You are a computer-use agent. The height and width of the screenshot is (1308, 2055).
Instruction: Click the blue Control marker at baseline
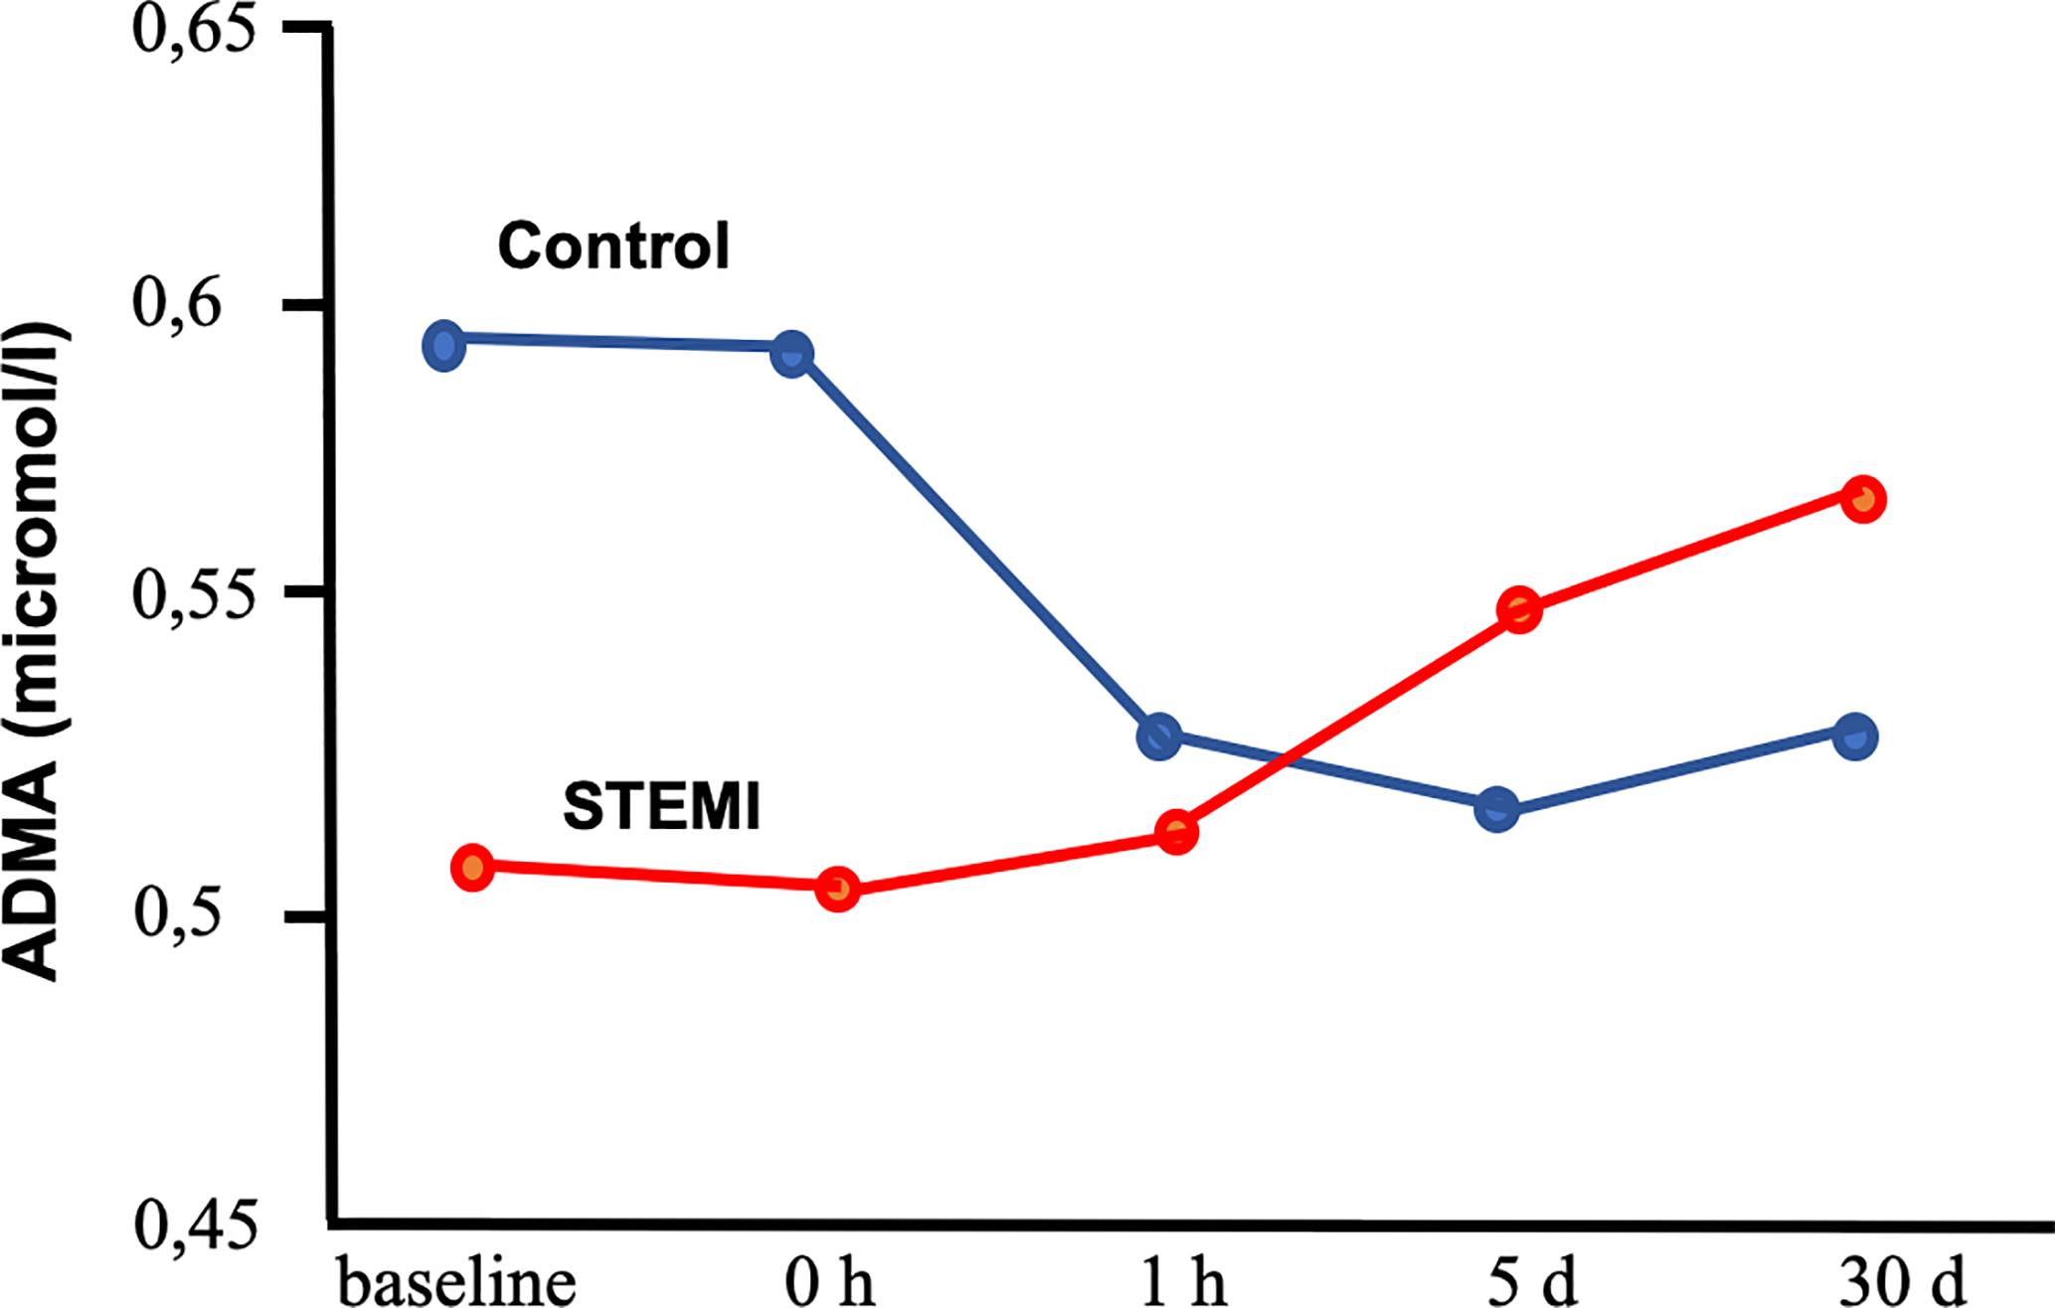point(443,346)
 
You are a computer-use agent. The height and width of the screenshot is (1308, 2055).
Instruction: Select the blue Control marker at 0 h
point(791,354)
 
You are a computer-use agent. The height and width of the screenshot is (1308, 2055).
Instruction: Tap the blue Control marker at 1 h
point(1159,736)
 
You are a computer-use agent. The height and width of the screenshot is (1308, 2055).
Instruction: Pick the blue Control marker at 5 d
point(1497,809)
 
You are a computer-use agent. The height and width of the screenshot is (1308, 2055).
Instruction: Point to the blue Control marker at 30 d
point(1855,736)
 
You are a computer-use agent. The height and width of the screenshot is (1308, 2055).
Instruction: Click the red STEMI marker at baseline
point(473,868)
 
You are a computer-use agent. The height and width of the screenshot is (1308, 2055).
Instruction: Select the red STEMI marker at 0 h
point(838,889)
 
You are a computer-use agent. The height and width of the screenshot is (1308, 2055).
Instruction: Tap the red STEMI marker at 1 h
point(1177,832)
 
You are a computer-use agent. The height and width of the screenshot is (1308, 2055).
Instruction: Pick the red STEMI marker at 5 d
point(1519,609)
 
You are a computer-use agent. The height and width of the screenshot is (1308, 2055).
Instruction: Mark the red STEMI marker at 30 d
point(1863,498)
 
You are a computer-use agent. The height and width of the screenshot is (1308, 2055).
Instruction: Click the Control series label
point(613,245)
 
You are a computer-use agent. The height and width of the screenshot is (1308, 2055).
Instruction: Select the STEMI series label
point(661,805)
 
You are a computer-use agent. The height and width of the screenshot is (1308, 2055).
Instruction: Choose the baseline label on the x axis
point(457,1282)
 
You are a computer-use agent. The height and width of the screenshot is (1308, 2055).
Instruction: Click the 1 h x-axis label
point(1183,1282)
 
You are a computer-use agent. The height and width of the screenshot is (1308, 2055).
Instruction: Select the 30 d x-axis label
point(1902,1282)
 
